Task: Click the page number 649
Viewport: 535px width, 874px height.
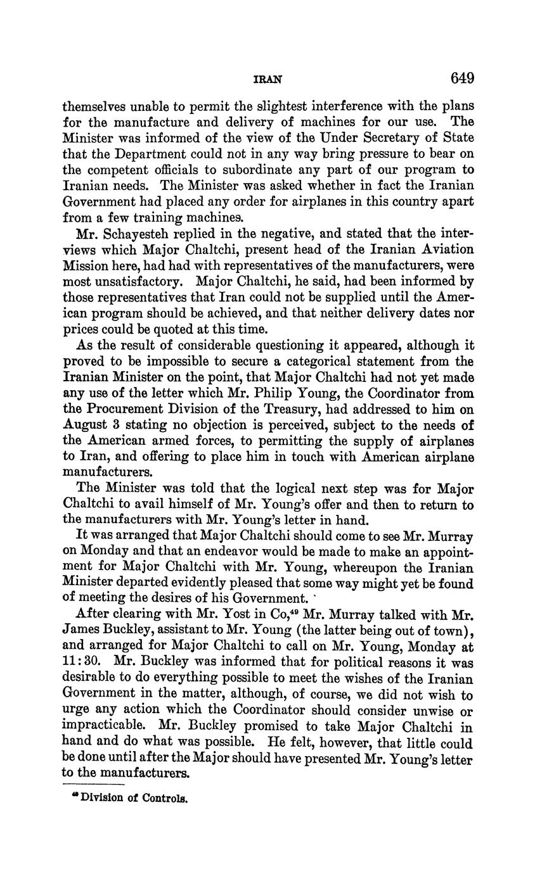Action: coord(462,78)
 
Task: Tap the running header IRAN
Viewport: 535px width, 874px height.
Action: coord(267,80)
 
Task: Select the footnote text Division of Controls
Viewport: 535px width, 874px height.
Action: coord(134,798)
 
